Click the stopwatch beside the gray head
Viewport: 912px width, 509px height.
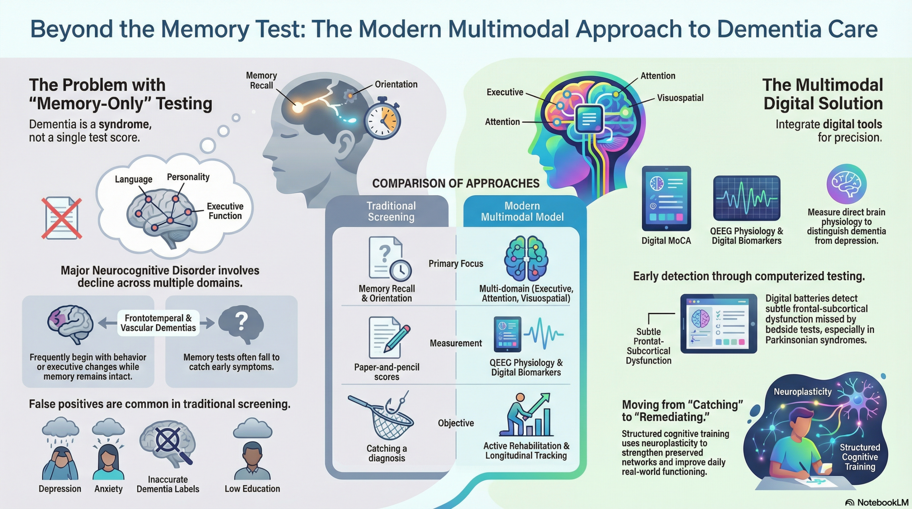(x=382, y=119)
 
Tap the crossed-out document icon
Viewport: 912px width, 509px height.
(x=62, y=218)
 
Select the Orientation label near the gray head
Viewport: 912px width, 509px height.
(x=396, y=84)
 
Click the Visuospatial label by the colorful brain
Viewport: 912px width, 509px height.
(x=680, y=98)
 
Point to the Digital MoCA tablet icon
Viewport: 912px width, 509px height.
(x=666, y=198)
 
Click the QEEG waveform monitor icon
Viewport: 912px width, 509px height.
(x=747, y=198)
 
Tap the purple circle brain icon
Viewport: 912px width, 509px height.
(x=846, y=184)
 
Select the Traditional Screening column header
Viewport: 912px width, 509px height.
(x=391, y=211)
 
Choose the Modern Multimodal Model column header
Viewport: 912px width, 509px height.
(x=522, y=211)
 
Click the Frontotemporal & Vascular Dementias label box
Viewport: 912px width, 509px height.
(x=158, y=323)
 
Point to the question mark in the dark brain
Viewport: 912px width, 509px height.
(x=241, y=321)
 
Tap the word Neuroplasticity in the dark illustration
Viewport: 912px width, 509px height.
(x=802, y=392)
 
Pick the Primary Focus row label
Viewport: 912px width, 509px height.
(x=456, y=264)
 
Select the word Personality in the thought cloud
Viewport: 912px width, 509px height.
(x=188, y=177)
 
